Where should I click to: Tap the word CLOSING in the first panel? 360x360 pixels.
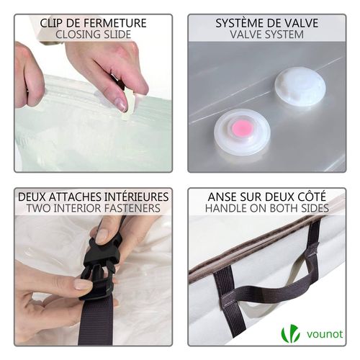[79, 34]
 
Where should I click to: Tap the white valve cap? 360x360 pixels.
[300, 88]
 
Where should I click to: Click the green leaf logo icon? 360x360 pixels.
[290, 333]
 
